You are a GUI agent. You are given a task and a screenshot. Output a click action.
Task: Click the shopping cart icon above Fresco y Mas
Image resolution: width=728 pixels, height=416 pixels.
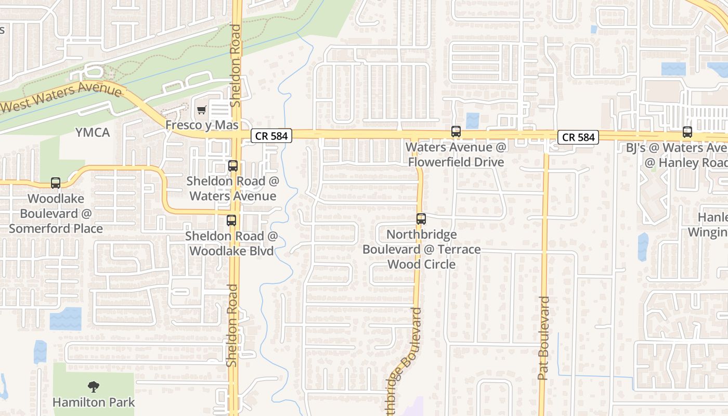(x=201, y=110)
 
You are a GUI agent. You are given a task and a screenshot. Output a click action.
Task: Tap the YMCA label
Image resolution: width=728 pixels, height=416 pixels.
(x=93, y=133)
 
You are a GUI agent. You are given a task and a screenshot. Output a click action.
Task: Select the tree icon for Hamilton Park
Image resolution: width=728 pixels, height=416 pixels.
(x=94, y=386)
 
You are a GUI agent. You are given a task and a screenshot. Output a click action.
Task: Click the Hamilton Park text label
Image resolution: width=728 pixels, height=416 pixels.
(x=94, y=402)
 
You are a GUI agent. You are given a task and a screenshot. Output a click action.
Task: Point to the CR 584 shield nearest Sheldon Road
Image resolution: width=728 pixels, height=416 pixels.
(x=271, y=136)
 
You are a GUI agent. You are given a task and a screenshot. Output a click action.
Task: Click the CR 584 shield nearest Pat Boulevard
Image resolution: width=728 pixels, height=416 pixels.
(x=578, y=137)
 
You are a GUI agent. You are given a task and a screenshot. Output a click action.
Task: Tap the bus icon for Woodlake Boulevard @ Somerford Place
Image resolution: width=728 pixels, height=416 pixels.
(x=56, y=183)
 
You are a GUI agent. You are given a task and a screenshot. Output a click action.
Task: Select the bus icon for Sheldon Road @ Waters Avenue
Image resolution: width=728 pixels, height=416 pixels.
(x=233, y=166)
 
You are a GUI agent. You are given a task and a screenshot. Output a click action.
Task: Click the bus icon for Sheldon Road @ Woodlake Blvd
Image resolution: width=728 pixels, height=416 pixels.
(x=231, y=220)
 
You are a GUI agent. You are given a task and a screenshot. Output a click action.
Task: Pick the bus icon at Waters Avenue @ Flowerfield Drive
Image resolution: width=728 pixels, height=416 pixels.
(x=456, y=132)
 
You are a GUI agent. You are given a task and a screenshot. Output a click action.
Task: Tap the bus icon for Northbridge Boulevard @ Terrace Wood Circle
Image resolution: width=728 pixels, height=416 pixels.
(x=421, y=219)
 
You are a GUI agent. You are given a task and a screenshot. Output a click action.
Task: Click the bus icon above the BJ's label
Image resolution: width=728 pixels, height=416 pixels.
(x=687, y=132)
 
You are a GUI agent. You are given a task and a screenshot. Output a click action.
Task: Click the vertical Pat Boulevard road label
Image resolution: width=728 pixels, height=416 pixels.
(x=543, y=338)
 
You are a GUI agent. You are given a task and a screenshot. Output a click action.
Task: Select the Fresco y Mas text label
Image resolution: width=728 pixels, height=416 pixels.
(x=202, y=125)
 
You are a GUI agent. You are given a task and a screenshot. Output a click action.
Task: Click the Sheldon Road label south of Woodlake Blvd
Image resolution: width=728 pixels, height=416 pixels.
(x=232, y=325)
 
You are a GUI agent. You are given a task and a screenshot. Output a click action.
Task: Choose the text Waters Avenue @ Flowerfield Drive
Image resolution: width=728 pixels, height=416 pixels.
(x=456, y=154)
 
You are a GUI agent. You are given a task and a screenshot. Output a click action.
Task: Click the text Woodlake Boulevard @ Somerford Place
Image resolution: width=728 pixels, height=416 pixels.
(x=56, y=213)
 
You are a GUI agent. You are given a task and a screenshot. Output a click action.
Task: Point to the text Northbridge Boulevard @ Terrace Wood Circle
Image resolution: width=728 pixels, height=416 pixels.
(x=421, y=249)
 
